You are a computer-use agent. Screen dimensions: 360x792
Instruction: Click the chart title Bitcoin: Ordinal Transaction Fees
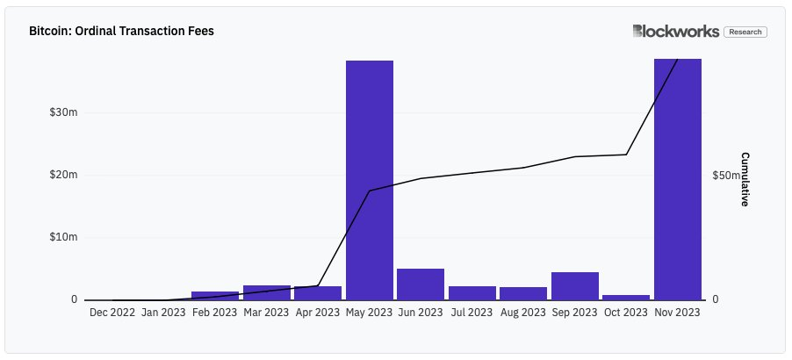[121, 31]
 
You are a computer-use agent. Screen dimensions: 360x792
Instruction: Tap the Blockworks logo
[675, 32]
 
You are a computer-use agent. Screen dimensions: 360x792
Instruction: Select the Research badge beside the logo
[745, 32]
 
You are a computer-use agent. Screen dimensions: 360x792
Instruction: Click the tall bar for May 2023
[369, 180]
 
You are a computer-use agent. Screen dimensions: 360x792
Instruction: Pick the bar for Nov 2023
[677, 179]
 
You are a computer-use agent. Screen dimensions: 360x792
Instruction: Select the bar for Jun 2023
[421, 284]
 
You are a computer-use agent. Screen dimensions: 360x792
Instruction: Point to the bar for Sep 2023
[575, 285]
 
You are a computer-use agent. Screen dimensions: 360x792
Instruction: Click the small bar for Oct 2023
[626, 297]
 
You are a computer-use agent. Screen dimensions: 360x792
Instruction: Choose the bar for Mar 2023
[266, 292]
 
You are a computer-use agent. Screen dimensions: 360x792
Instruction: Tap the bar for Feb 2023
[215, 295]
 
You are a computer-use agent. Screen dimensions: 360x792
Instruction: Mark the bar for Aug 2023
[523, 293]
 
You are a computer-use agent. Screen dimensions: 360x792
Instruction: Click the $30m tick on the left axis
[64, 113]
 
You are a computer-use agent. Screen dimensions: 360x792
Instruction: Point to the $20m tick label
[64, 176]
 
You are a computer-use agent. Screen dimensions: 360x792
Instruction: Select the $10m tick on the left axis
[64, 237]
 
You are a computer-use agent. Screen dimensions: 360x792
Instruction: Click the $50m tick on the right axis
[727, 176]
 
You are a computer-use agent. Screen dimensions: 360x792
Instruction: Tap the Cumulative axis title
[745, 179]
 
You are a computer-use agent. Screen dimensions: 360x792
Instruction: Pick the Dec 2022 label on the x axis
[112, 312]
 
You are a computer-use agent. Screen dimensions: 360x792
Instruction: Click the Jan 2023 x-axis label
[163, 312]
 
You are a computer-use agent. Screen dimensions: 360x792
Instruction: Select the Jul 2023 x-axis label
[472, 312]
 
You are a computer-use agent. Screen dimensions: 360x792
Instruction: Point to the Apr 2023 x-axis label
[318, 312]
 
